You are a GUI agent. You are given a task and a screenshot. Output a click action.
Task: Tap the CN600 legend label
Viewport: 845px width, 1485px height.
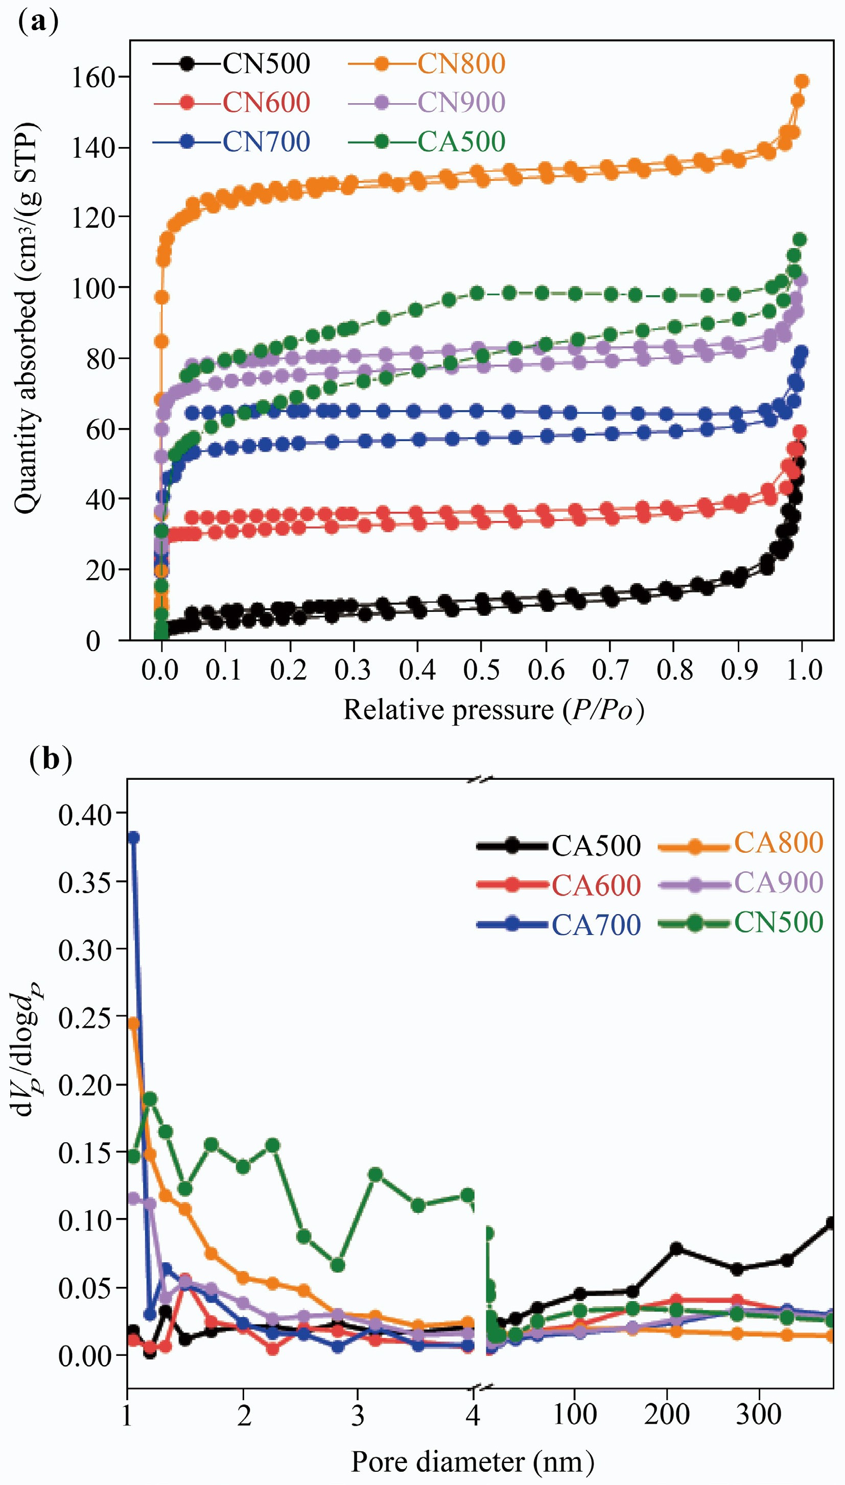point(266,103)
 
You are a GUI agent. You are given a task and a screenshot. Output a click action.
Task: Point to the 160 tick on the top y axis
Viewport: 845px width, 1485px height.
point(92,77)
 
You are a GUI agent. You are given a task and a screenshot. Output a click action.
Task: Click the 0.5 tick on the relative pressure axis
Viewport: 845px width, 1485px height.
point(481,670)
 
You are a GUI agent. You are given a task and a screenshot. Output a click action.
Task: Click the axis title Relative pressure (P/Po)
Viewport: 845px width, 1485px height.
point(494,710)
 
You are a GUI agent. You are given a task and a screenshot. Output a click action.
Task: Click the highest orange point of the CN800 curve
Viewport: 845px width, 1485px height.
point(802,81)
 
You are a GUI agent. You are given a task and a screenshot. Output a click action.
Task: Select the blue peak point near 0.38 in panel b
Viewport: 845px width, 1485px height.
point(133,837)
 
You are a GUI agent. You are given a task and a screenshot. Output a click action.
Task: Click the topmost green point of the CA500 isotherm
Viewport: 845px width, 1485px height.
point(800,239)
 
